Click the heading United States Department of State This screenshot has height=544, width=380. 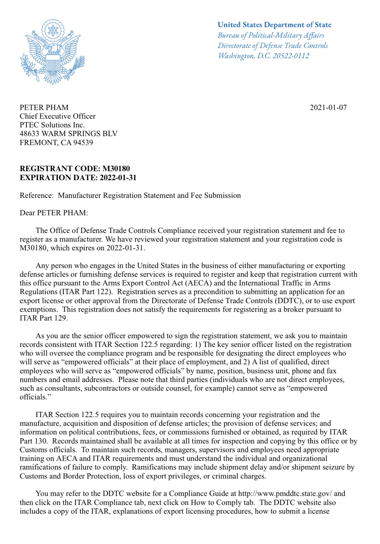274,25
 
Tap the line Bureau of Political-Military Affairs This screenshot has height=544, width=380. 271,35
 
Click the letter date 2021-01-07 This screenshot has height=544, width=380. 328,108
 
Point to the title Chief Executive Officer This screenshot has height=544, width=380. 57,116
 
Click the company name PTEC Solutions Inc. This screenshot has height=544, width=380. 52,125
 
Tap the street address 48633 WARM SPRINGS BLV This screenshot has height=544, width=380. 69,134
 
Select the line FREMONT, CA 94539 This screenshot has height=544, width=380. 56,143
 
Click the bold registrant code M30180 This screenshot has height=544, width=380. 116,169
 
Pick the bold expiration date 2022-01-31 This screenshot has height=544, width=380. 118,178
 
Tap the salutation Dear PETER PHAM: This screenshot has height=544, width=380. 54,213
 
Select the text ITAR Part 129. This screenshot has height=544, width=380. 43,318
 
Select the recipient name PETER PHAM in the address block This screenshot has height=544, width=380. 44,108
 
